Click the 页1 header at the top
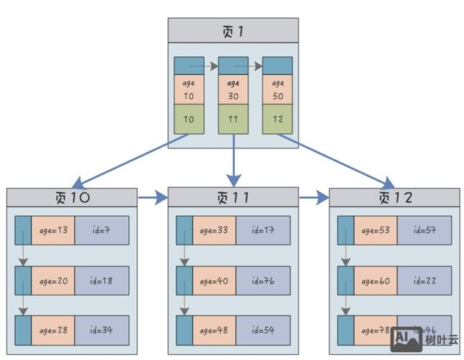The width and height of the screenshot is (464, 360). (233, 31)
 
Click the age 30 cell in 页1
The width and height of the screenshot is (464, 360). (233, 89)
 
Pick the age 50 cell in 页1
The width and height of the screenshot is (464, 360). (277, 89)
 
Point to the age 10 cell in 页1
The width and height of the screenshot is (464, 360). (189, 89)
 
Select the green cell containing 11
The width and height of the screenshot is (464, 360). (233, 119)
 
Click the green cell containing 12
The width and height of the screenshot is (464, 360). (277, 119)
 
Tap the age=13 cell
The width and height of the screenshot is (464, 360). (53, 230)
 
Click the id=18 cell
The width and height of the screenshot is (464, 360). (102, 281)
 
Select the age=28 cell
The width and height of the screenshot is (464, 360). (53, 330)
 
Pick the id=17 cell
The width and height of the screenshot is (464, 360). (263, 230)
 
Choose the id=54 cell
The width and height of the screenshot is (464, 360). (263, 330)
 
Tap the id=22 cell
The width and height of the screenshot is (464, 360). (424, 281)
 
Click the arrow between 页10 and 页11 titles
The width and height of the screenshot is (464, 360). (152, 197)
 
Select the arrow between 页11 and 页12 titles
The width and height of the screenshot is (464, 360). (313, 197)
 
